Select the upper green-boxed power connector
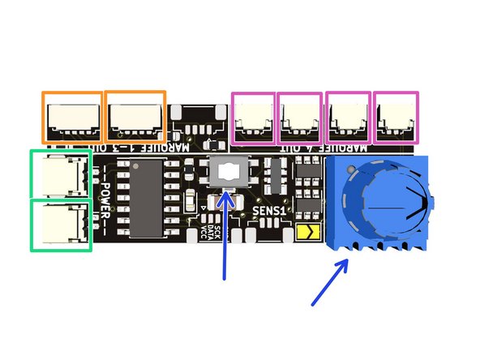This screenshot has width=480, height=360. tap(61, 174)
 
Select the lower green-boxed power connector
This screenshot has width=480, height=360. tap(61, 225)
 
